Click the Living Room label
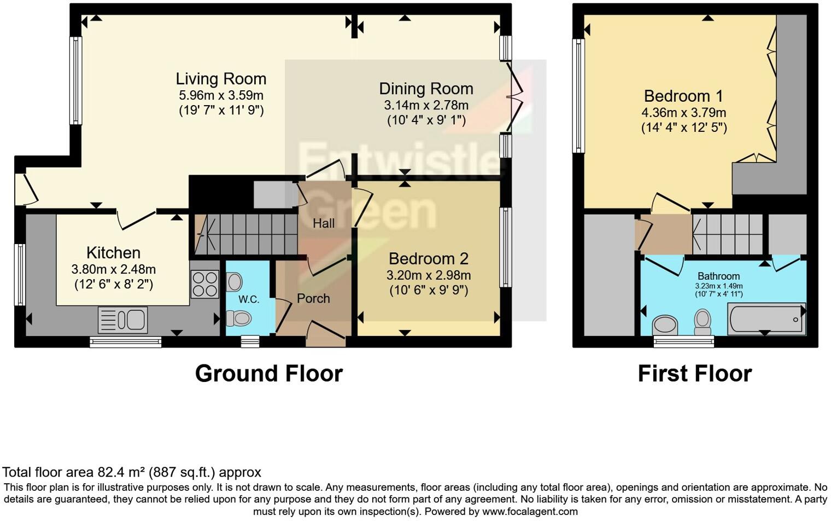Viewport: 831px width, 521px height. (x=221, y=79)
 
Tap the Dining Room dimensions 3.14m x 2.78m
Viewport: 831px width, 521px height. (x=426, y=105)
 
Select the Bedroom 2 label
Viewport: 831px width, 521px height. (x=429, y=258)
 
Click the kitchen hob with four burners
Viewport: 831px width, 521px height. (x=204, y=285)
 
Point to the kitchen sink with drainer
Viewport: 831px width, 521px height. (x=123, y=320)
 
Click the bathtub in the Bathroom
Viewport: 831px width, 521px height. (x=766, y=319)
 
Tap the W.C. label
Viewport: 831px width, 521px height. (x=249, y=299)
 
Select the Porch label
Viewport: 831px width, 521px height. (x=313, y=298)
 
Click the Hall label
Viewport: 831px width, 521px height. (x=324, y=223)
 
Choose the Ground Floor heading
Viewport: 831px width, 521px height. (x=268, y=374)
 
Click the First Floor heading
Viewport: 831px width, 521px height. (x=694, y=374)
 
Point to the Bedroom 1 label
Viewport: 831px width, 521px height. (x=683, y=96)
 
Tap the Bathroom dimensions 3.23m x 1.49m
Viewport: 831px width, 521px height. (x=718, y=286)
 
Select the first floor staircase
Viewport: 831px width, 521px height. (x=728, y=234)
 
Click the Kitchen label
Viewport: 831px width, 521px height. (x=113, y=253)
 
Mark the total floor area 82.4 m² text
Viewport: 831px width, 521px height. (x=132, y=472)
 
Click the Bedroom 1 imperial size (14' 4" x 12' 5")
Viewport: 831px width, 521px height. (x=683, y=128)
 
